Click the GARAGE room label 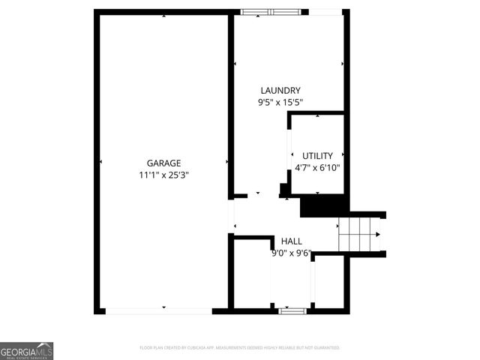pyautogui.click(x=163, y=162)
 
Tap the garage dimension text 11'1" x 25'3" pyautogui.click(x=163, y=175)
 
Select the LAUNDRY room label pyautogui.click(x=280, y=90)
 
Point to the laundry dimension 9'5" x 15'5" pyautogui.click(x=280, y=103)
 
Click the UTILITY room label pyautogui.click(x=317, y=155)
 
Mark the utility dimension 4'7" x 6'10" pyautogui.click(x=317, y=168)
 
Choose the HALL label pyautogui.click(x=292, y=241)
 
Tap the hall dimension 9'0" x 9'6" pyautogui.click(x=291, y=253)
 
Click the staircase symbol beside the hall pyautogui.click(x=361, y=234)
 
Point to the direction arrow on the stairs pyautogui.click(x=377, y=234)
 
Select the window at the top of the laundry pyautogui.click(x=271, y=11)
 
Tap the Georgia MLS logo pyautogui.click(x=26, y=350)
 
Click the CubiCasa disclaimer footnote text pyautogui.click(x=240, y=348)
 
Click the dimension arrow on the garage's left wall pyautogui.click(x=101, y=162)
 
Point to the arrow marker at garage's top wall pyautogui.click(x=163, y=14)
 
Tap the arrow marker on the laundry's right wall pyautogui.click(x=343, y=64)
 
